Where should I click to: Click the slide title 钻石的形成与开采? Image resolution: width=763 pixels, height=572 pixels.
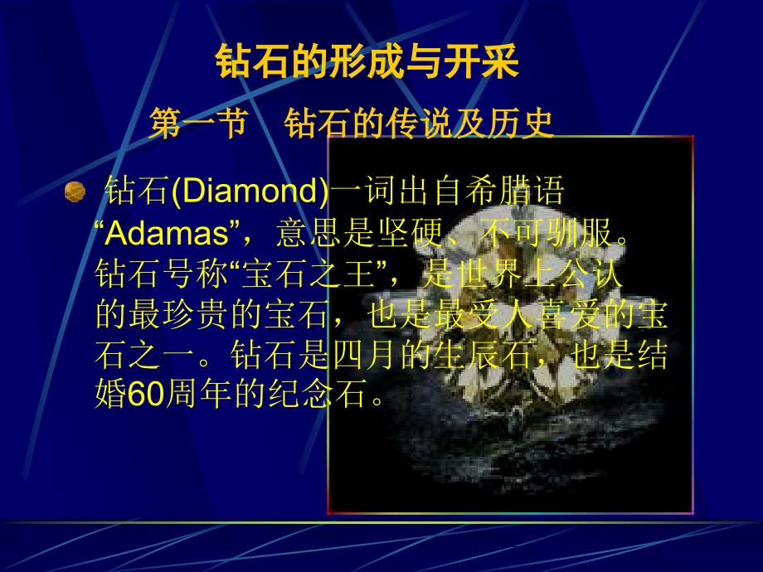pos(367,62)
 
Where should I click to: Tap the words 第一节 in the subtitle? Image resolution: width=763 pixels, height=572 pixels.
pos(198,124)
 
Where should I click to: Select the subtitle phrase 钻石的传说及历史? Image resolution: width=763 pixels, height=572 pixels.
pos(419,124)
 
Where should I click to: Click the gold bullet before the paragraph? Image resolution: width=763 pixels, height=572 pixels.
pos(75,192)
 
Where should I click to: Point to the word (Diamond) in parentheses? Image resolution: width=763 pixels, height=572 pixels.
pos(250,194)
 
